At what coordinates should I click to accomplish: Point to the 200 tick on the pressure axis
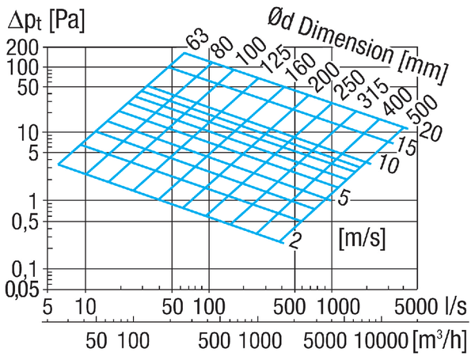pyautogui.click(x=23, y=47)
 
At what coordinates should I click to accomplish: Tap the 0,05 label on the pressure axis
pyautogui.click(x=23, y=290)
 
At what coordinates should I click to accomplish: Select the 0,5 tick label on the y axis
pyautogui.click(x=25, y=222)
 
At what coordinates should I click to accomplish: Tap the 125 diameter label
pyautogui.click(x=275, y=59)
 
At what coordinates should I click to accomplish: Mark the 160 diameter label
pyautogui.click(x=301, y=67)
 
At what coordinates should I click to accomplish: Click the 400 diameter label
pyautogui.click(x=397, y=101)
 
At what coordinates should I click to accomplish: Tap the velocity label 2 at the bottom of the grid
pyautogui.click(x=295, y=241)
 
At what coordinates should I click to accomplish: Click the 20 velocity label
pyautogui.click(x=430, y=132)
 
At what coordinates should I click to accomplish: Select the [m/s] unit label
pyautogui.click(x=363, y=239)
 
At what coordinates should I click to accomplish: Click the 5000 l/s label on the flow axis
pyautogui.click(x=431, y=307)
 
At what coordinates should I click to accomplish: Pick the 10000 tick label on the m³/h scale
pyautogui.click(x=381, y=341)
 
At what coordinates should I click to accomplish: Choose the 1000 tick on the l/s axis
pyautogui.click(x=339, y=307)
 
